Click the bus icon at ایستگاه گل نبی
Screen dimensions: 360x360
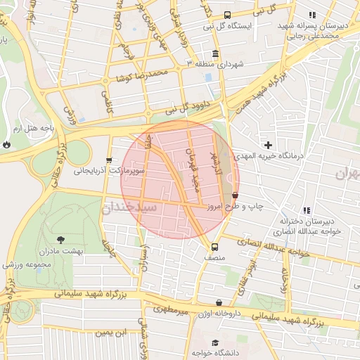click(x=226, y=15)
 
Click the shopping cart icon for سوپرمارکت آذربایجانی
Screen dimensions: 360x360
click(x=108, y=160)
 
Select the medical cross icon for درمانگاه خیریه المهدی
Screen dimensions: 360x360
click(x=268, y=145)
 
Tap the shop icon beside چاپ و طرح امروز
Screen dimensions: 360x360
click(x=235, y=195)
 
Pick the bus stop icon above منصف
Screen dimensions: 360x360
click(x=214, y=247)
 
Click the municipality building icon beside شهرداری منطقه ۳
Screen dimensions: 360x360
click(x=214, y=54)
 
